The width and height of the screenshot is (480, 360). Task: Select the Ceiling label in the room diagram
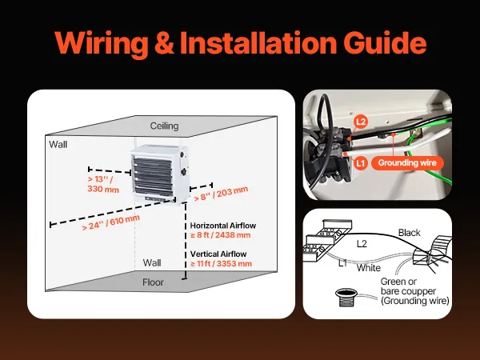coord(164,126)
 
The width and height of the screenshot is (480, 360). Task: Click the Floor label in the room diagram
coord(153,282)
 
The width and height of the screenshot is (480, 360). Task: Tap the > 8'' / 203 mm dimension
coord(221,194)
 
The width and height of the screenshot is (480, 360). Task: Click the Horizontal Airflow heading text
coord(221,226)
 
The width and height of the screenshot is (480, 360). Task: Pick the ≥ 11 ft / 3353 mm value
coord(221,263)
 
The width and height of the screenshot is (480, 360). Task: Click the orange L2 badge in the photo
coord(361,122)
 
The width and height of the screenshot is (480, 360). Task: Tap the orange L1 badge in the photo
coord(361,162)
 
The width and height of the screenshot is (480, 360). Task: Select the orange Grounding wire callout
coord(409,162)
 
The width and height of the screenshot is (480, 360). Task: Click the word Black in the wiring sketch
coord(409,233)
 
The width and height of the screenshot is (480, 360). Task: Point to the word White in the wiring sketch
coord(368,268)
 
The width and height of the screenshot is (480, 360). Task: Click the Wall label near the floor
coord(152,262)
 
